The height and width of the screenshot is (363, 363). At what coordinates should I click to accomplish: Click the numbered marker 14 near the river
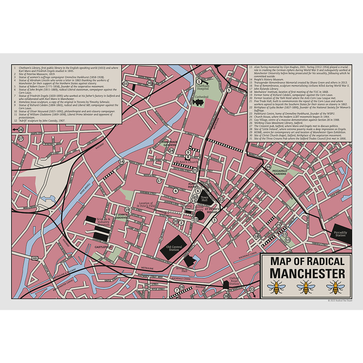[x=121, y=162]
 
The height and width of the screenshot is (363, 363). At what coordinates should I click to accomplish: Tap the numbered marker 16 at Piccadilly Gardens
[x=268, y=167]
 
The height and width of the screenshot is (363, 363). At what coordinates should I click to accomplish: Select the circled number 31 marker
[x=126, y=84]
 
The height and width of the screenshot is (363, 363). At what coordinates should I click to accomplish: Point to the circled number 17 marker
[x=159, y=181]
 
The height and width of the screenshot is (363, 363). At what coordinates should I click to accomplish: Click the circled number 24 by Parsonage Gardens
[x=171, y=151]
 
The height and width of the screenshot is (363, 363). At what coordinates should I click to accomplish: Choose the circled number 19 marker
[x=127, y=210]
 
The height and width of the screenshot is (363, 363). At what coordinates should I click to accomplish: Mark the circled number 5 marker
[x=229, y=90]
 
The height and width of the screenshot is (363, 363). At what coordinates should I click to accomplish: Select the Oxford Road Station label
[x=234, y=281]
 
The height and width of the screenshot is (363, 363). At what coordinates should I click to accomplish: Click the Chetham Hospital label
[x=203, y=87]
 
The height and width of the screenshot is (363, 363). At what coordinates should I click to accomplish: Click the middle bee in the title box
[x=306, y=287]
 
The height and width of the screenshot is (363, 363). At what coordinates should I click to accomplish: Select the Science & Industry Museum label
[x=104, y=222]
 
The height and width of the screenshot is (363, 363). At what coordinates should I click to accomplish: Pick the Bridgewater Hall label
[x=182, y=269]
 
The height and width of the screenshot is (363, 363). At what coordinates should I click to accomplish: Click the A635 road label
[x=35, y=258]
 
